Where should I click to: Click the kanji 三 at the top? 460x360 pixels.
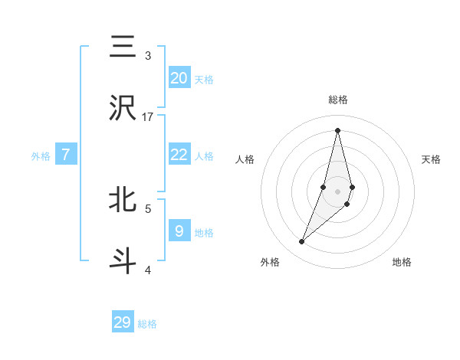pos(123,47)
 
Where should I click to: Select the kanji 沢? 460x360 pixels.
pos(123,109)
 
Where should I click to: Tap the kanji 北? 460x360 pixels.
pos(123,199)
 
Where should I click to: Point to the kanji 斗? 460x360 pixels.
pos(123,260)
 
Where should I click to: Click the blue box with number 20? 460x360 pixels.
pos(179,78)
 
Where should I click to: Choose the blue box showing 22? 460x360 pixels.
pos(179,155)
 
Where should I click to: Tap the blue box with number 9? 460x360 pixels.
pos(179,231)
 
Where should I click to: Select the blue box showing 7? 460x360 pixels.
pos(66,155)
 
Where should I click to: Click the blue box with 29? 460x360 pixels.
pos(123,322)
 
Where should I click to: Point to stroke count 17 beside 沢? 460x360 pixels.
pos(148,117)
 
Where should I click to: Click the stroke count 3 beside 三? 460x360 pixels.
pos(148,56)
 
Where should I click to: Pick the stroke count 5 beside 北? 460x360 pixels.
pos(148,208)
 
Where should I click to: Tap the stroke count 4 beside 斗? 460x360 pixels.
pos(148,269)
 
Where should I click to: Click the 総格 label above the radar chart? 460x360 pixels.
pos(338,100)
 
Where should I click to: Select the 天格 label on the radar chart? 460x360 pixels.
pos(432,159)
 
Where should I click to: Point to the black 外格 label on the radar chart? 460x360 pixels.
pos(270,262)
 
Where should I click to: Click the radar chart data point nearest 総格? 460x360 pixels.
pos(338,130)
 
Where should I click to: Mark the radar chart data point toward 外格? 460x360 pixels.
pos(302,241)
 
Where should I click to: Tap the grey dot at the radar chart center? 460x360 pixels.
pos(338,191)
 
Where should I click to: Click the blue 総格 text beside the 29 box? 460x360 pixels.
pos(147,324)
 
